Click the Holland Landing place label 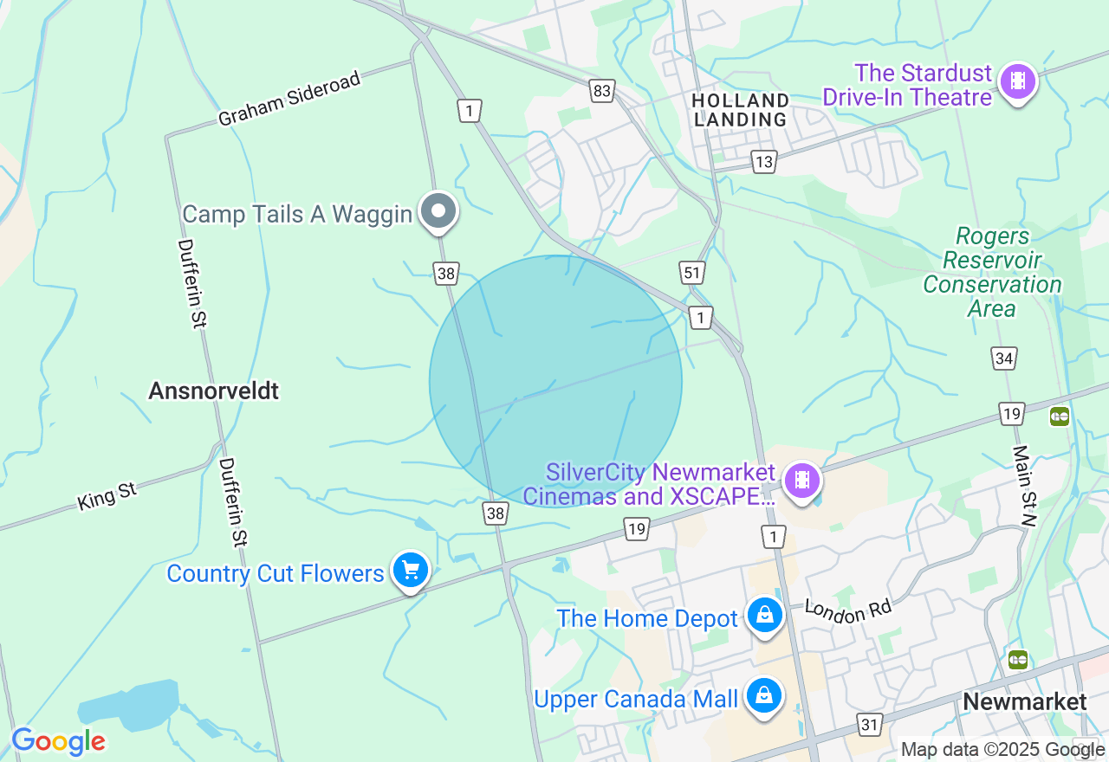tap(741, 110)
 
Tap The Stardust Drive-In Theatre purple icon tap(1018, 82)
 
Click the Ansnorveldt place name tap(214, 391)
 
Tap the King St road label tap(107, 496)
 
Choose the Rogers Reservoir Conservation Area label tap(992, 272)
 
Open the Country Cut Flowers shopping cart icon tap(411, 571)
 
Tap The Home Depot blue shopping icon tap(765, 616)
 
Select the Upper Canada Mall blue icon tap(764, 695)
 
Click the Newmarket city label tap(1025, 701)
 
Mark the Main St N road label tap(1025, 485)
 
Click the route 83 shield tap(602, 90)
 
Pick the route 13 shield tap(763, 162)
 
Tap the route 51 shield tap(692, 274)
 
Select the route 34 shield tap(1004, 358)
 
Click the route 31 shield tap(870, 723)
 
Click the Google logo tap(58, 742)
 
